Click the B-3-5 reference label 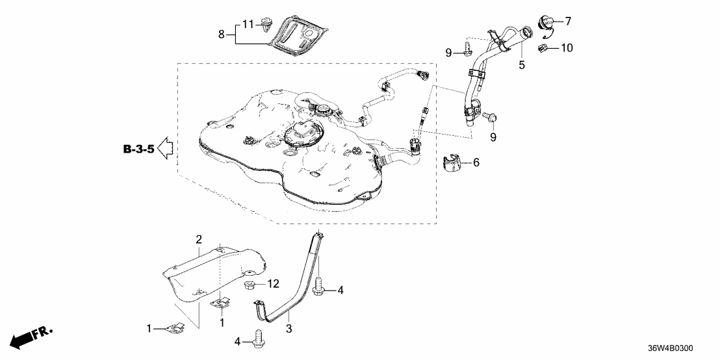click(x=138, y=150)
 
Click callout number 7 click(x=568, y=21)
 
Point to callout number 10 click(x=567, y=47)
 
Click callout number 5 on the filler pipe click(x=521, y=65)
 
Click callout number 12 click(x=274, y=285)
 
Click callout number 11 click(x=248, y=24)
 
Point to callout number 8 click(x=221, y=34)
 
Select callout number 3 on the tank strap click(x=289, y=329)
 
